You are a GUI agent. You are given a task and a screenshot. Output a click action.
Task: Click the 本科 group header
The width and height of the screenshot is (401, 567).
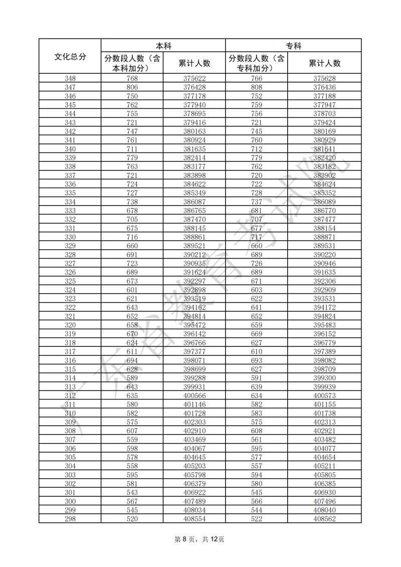[163, 46]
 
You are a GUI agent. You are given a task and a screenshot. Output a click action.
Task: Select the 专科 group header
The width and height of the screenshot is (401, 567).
[293, 46]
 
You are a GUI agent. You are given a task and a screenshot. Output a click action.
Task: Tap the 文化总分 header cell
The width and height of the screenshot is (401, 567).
[70, 57]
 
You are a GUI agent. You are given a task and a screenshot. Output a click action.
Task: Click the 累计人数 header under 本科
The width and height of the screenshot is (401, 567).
[194, 63]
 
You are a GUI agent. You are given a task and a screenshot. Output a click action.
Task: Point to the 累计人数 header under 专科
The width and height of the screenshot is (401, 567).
[324, 63]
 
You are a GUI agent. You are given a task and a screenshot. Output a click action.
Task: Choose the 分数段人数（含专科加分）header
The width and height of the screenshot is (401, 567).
[256, 63]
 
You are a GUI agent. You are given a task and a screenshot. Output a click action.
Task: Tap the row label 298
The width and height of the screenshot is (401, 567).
[70, 519]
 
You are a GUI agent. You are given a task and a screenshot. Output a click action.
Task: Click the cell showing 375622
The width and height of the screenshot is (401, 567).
[194, 79]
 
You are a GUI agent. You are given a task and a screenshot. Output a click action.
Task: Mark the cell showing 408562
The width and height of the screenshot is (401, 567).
[324, 519]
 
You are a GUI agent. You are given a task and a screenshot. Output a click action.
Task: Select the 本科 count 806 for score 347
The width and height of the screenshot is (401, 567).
[132, 87]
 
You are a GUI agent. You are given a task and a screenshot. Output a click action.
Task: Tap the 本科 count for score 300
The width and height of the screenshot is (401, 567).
[132, 501]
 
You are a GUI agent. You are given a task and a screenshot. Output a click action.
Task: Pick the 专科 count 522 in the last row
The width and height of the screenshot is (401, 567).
[256, 519]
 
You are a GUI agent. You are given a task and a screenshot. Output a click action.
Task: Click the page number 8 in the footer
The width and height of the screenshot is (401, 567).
[184, 539]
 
